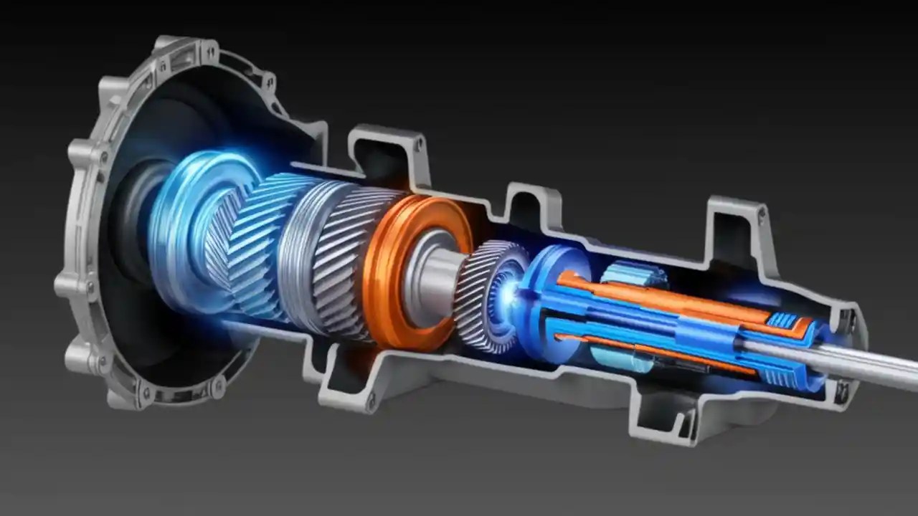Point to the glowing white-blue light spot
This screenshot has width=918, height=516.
pyautogui.click(x=511, y=292)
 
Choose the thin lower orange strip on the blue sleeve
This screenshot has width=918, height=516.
pyautogui.click(x=645, y=350)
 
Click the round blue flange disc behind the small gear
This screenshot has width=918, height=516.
pyautogui.click(x=545, y=301)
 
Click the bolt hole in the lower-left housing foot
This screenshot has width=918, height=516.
pyautogui.click(x=371, y=403)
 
